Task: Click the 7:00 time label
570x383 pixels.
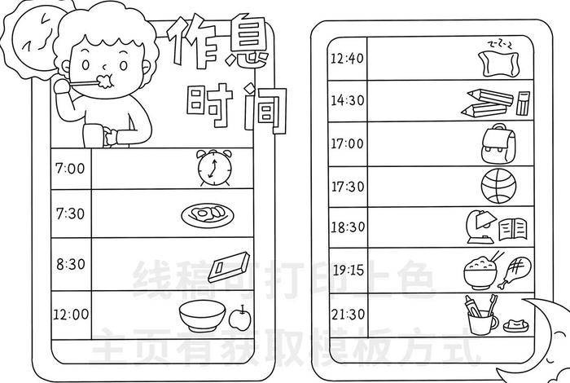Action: tap(70, 169)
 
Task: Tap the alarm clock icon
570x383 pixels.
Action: tap(213, 168)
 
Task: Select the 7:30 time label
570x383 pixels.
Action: tap(70, 213)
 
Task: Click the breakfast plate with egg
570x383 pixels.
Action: tap(207, 214)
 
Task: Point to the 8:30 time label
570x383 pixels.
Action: tap(70, 264)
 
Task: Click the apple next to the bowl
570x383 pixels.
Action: tap(239, 317)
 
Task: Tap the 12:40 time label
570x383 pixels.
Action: tap(347, 58)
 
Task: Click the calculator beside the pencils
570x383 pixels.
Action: tap(523, 103)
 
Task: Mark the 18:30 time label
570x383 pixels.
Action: tap(347, 227)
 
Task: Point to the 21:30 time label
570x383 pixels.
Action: tap(347, 314)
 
